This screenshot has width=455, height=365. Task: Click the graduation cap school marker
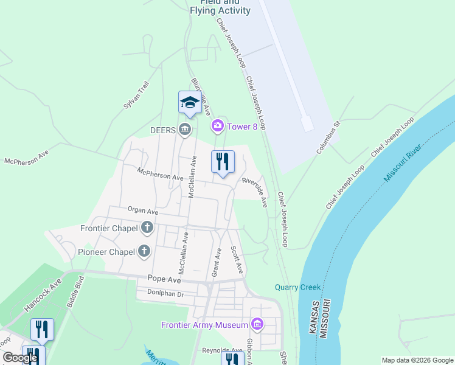click(190, 102)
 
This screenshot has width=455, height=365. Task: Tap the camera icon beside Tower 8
click(217, 126)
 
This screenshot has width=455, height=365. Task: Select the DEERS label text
click(163, 129)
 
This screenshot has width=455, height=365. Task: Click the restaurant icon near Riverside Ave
click(223, 162)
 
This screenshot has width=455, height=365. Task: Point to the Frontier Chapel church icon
click(147, 228)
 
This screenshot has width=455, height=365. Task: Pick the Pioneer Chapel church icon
click(144, 251)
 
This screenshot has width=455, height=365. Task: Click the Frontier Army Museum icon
click(257, 324)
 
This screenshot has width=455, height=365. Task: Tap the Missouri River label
click(403, 162)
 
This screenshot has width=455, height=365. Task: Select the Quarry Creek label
click(297, 287)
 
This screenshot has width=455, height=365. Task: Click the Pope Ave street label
click(164, 280)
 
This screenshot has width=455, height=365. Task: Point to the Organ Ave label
click(143, 211)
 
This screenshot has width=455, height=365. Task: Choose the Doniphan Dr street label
click(165, 293)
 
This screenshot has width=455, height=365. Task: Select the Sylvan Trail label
click(136, 95)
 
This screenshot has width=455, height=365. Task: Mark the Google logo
click(20, 358)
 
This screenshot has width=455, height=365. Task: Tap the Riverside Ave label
click(255, 191)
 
